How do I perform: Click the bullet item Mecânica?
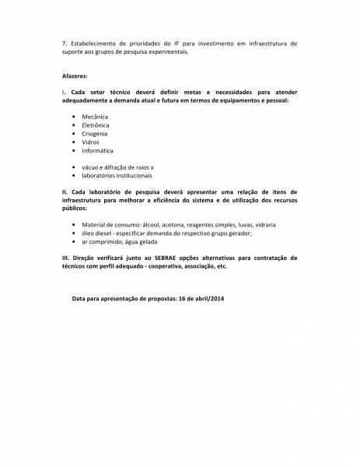pos(95,116)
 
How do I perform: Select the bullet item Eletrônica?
pos(96,125)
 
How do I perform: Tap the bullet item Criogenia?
pos(95,134)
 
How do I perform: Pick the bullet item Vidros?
pos(90,142)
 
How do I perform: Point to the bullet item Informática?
pos(97,151)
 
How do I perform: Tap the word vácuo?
pos(92,167)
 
